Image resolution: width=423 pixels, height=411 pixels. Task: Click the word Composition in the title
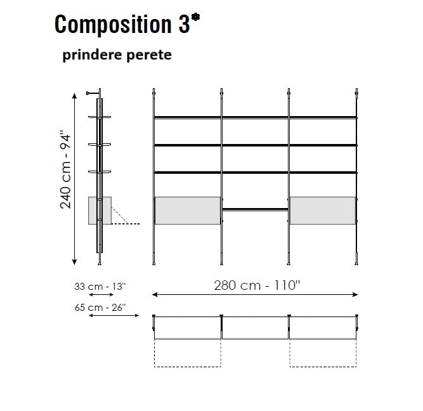(x=113, y=25)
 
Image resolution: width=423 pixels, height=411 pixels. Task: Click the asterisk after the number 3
(x=195, y=18)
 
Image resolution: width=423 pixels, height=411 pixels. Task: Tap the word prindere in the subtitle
(x=92, y=55)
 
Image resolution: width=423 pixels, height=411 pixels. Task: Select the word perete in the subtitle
(x=148, y=56)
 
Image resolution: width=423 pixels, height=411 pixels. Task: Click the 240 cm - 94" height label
(x=65, y=169)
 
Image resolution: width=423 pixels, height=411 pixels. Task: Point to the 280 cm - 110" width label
(x=257, y=285)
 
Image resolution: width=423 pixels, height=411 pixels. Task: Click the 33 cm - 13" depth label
(x=100, y=286)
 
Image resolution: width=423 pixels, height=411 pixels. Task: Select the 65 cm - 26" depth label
(x=100, y=308)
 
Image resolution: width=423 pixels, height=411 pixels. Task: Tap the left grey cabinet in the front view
(x=188, y=211)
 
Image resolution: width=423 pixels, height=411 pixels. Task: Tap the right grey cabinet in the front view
(x=323, y=211)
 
